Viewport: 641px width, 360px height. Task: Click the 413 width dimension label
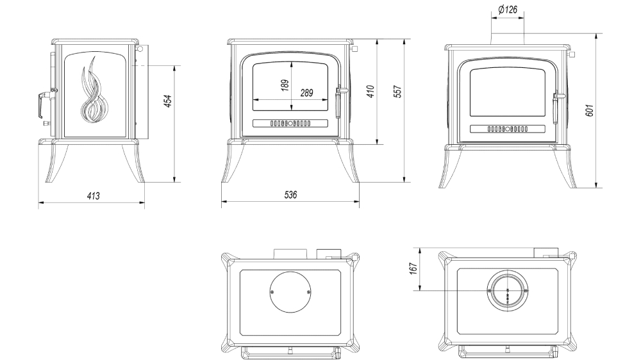pos(93,195)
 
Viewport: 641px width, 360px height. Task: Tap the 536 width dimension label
pos(290,195)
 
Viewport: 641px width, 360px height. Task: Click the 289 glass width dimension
pos(306,93)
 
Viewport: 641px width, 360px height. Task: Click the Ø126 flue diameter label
pos(508,10)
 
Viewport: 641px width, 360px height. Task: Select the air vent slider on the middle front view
pos(290,124)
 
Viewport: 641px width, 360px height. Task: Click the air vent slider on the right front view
pos(508,129)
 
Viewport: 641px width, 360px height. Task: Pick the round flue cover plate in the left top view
pos(290,292)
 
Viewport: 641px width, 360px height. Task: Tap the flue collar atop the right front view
pos(508,37)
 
